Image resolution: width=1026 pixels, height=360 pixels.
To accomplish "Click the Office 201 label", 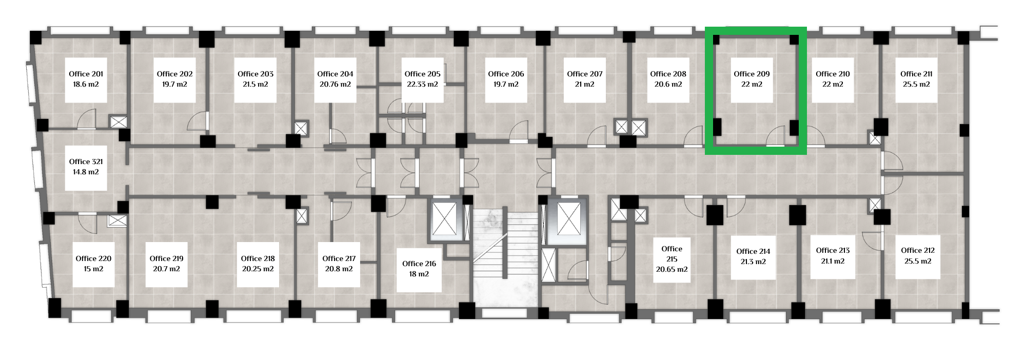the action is click(86, 74).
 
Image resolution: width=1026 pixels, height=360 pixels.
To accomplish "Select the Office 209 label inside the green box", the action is click(752, 74).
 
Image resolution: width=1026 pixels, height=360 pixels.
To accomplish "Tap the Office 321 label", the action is click(86, 162).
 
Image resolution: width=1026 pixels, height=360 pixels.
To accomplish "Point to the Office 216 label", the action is click(419, 264).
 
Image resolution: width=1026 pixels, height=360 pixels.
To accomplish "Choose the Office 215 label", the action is click(672, 254).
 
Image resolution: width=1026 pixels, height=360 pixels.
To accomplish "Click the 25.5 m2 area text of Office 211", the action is click(916, 84).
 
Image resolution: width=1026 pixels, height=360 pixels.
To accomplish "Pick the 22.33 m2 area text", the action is click(422, 84).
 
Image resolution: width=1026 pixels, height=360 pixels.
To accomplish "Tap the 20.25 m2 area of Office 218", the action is click(258, 269).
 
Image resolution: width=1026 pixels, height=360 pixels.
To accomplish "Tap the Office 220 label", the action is click(93, 258).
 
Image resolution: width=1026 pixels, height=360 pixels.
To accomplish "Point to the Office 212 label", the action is click(918, 250).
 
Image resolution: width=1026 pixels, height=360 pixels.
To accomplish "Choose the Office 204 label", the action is click(335, 74).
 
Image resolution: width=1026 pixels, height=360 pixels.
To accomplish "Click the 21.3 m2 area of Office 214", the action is click(753, 262).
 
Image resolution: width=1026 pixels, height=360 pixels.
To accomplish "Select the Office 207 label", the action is click(585, 74).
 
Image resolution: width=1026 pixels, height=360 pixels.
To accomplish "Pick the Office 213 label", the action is click(833, 250).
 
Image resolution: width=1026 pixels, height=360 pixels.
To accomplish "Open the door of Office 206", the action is click(519, 131).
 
